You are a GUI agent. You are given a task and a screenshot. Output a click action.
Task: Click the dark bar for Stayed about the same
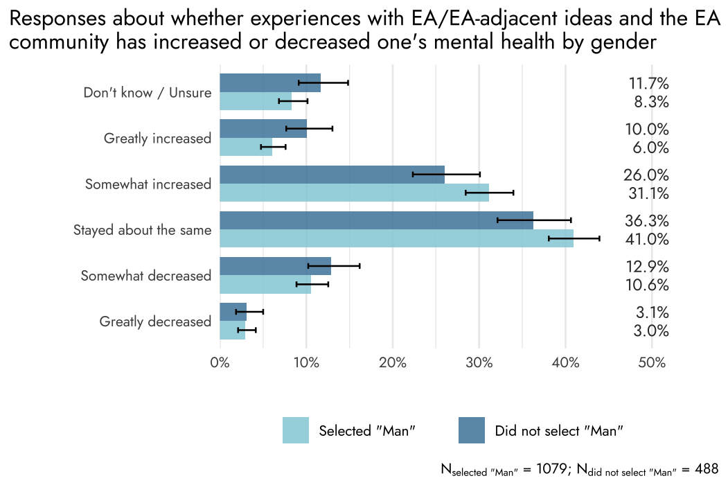(x=376, y=220)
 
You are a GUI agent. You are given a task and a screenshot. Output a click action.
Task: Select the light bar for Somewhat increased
(x=354, y=193)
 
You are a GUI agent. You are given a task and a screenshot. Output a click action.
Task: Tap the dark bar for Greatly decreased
(x=233, y=312)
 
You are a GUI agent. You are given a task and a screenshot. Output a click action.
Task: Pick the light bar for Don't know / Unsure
(x=255, y=101)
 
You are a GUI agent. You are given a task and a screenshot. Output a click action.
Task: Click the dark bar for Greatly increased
(x=263, y=128)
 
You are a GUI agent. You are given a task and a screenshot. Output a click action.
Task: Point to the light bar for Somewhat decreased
(x=265, y=285)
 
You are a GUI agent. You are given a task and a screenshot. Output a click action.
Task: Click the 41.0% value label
(x=648, y=240)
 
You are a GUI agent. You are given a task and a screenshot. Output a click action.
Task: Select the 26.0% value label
(x=648, y=175)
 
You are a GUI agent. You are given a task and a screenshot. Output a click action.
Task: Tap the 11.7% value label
(x=648, y=84)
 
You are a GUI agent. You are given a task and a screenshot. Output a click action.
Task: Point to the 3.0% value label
(x=651, y=331)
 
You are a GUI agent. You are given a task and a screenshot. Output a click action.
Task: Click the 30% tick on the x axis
(x=479, y=363)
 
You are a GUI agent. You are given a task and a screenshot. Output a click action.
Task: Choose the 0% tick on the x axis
(x=220, y=363)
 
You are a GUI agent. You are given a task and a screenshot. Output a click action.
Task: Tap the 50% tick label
(x=652, y=363)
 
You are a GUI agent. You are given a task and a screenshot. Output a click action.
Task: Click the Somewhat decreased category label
(x=145, y=276)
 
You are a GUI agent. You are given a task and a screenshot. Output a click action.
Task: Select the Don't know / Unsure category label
(x=147, y=93)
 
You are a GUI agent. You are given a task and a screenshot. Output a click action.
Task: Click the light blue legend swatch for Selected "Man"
(x=295, y=430)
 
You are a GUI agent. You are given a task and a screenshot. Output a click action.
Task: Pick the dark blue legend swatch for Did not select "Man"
(x=471, y=430)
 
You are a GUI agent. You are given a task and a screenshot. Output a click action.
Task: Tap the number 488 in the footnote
(x=706, y=469)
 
